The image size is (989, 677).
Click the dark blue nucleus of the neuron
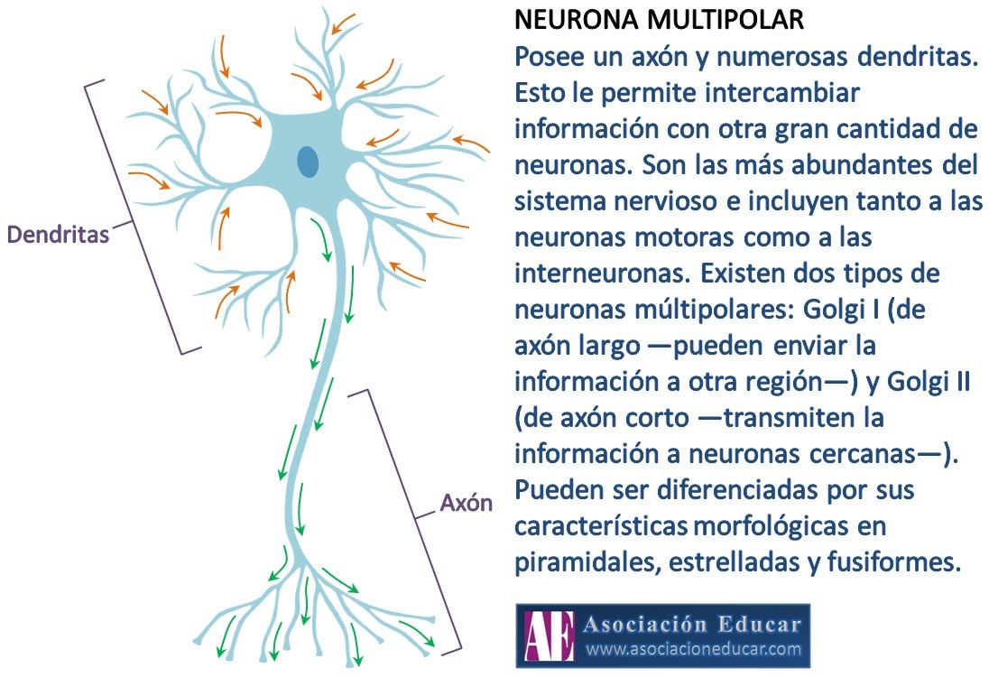click(308, 162)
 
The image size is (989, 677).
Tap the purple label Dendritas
click(58, 235)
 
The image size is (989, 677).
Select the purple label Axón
click(467, 503)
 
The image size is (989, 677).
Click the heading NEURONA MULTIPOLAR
click(659, 20)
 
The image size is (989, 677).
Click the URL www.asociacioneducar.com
click(693, 649)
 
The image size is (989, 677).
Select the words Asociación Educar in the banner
click(692, 624)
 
